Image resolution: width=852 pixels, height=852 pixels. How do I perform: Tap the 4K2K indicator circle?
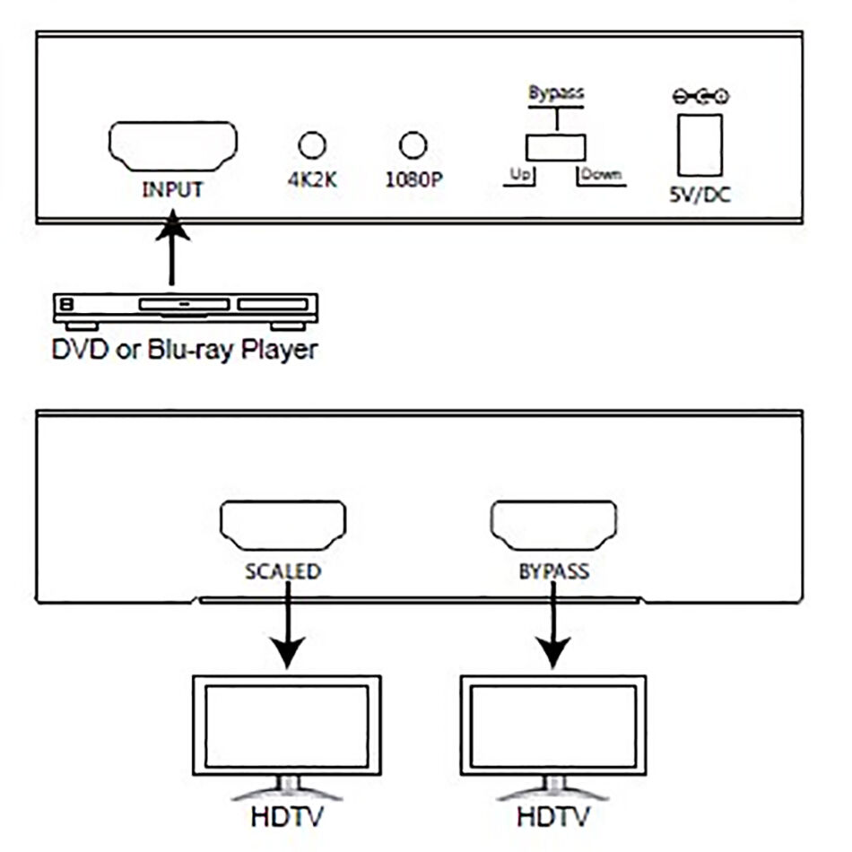pyautogui.click(x=311, y=144)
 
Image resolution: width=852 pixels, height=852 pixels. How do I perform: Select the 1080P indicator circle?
pyautogui.click(x=413, y=144)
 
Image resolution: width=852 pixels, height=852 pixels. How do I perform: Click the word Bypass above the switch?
pyautogui.click(x=555, y=93)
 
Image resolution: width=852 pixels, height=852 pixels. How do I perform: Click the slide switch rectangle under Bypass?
pyautogui.click(x=555, y=147)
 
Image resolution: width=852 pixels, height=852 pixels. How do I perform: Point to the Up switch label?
pyautogui.click(x=519, y=173)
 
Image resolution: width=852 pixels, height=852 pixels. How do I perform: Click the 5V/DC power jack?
pyautogui.click(x=700, y=144)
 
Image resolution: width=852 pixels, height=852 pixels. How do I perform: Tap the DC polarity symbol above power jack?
pyautogui.click(x=700, y=96)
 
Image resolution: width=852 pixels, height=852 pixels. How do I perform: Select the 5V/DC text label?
pyautogui.click(x=700, y=194)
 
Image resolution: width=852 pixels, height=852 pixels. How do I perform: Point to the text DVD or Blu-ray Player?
pyautogui.click(x=184, y=348)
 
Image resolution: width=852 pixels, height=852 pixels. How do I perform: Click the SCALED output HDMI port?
pyautogui.click(x=283, y=525)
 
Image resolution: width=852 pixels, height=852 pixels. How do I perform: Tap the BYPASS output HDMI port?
pyautogui.click(x=552, y=525)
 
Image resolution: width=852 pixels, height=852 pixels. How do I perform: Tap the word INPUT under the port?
pyautogui.click(x=172, y=190)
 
